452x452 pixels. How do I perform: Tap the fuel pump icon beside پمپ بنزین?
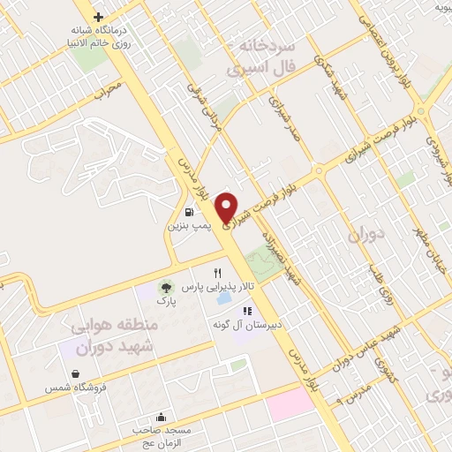(191, 212)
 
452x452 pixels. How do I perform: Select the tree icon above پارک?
(162, 286)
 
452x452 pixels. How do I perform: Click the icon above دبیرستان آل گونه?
(247, 311)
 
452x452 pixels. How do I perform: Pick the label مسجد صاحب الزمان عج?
(162, 435)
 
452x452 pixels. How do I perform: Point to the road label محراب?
(104, 91)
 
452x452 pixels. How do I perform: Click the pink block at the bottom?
(291, 403)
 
